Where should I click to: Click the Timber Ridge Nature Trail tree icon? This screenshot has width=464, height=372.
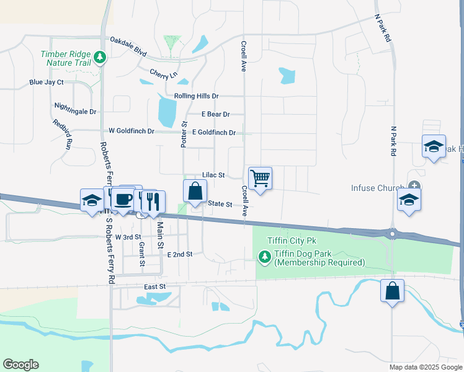point(100,58)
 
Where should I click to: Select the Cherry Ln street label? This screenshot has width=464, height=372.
point(163,74)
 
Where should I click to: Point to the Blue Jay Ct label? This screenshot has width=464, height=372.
point(47,82)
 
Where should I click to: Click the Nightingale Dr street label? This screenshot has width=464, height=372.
point(76,112)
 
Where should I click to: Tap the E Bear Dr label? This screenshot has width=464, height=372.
point(216,114)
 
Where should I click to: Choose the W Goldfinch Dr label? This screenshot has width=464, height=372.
point(135,131)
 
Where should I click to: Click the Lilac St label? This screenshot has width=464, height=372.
point(213,175)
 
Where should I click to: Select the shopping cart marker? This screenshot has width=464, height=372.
point(261,178)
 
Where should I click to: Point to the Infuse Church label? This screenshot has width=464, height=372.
point(377,185)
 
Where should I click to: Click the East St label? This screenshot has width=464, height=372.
point(155,286)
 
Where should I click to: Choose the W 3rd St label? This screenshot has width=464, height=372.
point(128,237)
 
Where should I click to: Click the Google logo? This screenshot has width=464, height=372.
point(20,365)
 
